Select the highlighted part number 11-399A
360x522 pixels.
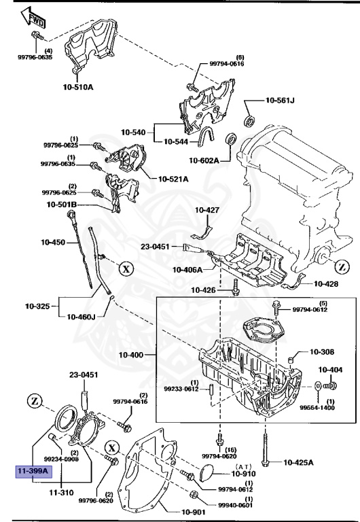[33, 470]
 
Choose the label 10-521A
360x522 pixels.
[173, 179]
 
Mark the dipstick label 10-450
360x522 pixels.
[52, 242]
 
